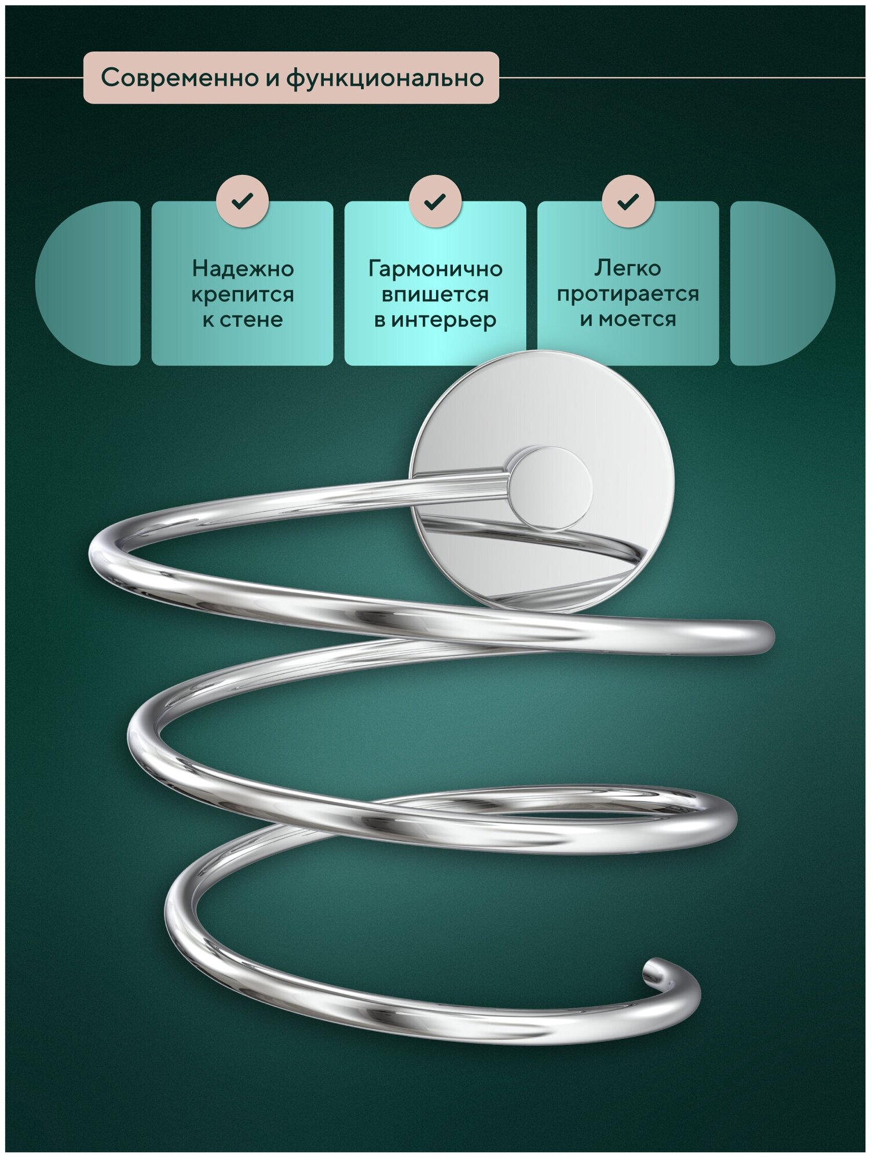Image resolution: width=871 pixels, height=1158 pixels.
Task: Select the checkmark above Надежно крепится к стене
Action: [242, 201]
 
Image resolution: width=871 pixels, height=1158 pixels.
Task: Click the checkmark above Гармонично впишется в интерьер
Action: [435, 201]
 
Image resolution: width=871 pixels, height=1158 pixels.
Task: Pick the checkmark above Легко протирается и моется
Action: [628, 201]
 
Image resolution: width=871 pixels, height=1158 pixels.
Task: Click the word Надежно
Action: [243, 269]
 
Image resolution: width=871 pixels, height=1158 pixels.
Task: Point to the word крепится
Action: [243, 295]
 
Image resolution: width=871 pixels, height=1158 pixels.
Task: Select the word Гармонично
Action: [435, 269]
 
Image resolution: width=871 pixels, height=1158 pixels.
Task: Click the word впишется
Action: [435, 295]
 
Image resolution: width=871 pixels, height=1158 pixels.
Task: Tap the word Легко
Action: [628, 268]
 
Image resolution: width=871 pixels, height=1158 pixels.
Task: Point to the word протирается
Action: [628, 294]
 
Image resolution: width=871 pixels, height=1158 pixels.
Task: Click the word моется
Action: [637, 319]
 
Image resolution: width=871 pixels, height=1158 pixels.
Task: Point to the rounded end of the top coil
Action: [763, 637]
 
